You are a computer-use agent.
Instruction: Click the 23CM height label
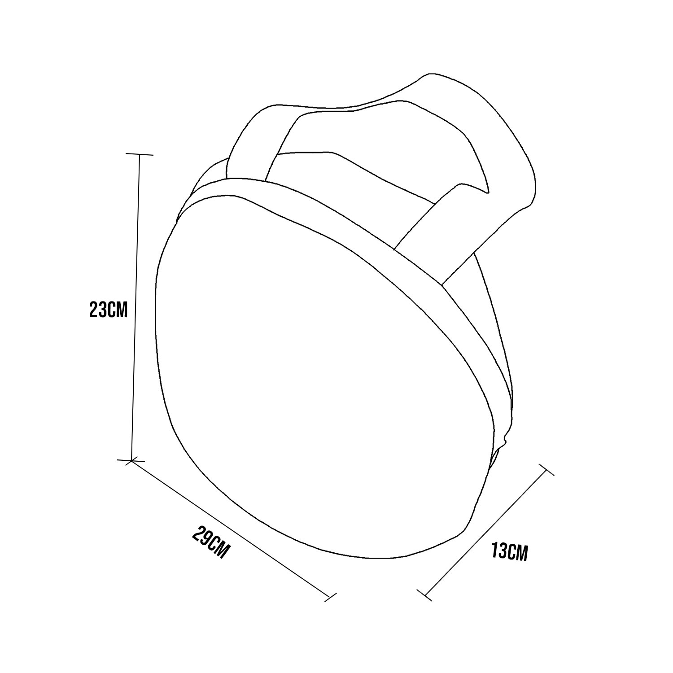tap(109, 310)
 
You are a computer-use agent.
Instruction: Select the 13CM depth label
tap(509, 551)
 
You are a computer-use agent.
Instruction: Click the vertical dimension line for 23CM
tap(135, 307)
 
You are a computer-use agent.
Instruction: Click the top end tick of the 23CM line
tap(140, 154)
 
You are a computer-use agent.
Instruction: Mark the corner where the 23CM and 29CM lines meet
tap(131, 460)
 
